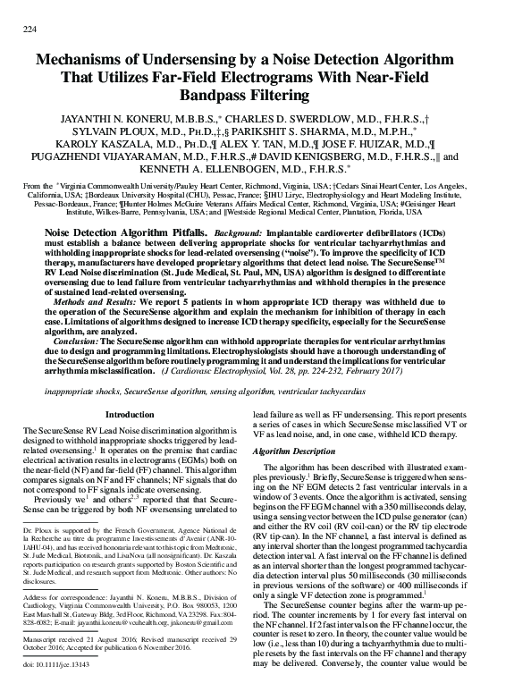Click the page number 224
27,30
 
